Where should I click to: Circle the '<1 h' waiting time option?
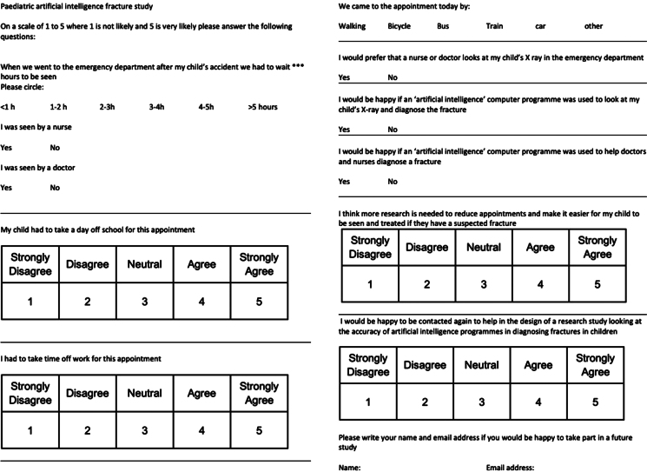(7, 107)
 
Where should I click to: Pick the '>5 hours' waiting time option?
(262, 107)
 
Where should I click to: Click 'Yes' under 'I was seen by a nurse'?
(6, 148)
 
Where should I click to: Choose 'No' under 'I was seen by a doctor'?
(55, 188)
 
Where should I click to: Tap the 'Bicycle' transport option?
(399, 26)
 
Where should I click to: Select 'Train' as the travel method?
(494, 26)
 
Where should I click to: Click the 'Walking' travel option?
(352, 26)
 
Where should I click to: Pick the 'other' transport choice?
(594, 26)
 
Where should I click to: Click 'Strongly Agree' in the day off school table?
(259, 263)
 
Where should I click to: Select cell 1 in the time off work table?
(30, 429)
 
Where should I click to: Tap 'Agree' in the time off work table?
(201, 393)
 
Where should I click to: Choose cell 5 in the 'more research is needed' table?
(597, 284)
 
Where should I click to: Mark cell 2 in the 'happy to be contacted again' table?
(425, 402)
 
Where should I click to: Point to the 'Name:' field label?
(349, 467)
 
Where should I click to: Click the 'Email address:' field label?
(511, 467)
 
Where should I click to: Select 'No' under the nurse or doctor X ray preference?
(393, 77)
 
